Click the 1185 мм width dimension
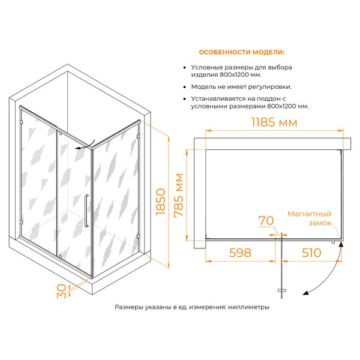tap(274, 122)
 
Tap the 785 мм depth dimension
tap(179, 195)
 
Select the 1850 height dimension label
tap(161, 202)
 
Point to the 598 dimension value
tap(240, 253)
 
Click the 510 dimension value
tap(311, 253)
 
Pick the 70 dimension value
tap(266, 221)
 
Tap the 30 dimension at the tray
tap(62, 292)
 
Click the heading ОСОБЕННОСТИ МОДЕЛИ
tap(242, 52)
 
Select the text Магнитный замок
tap(309, 218)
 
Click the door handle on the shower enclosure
tap(86, 211)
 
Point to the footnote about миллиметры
tap(192, 307)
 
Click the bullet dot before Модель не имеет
tap(184, 87)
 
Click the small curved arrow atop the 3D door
tap(85, 144)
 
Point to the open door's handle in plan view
tap(282, 290)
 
